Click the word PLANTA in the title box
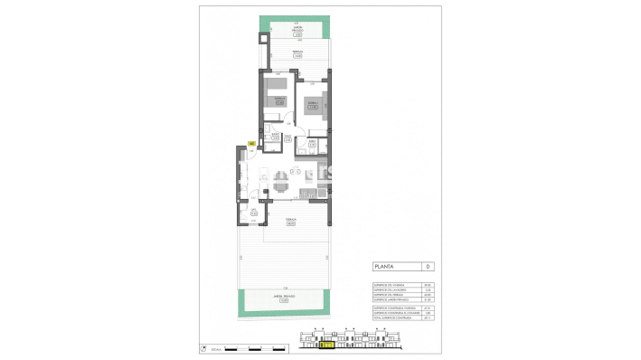386,267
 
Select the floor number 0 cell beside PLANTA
429,267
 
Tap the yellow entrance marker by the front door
251,142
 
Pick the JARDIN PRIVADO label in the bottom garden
284,301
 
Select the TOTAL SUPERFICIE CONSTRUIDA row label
392,318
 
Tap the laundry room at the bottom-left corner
254,214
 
